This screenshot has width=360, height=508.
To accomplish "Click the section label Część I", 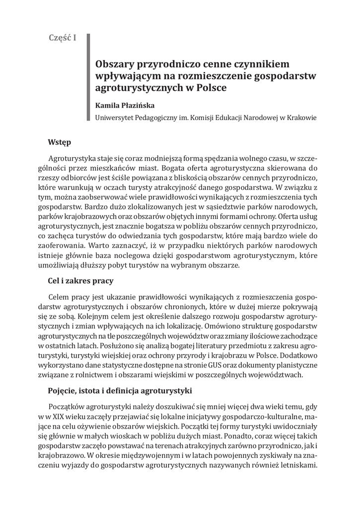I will click(62, 38).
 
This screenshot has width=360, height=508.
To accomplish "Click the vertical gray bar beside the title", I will click(89, 77).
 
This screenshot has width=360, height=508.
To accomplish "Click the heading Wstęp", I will click(60, 142).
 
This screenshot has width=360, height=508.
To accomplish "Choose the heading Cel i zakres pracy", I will click(80, 281).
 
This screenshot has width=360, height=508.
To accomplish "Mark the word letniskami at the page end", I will click(297, 466).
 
